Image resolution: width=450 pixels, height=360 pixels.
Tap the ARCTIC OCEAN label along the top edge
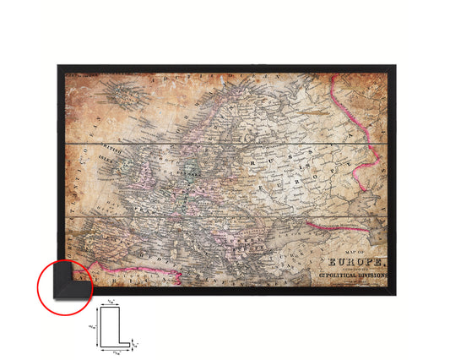pos(203,77)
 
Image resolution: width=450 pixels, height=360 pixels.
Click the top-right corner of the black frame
pos(391,66)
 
